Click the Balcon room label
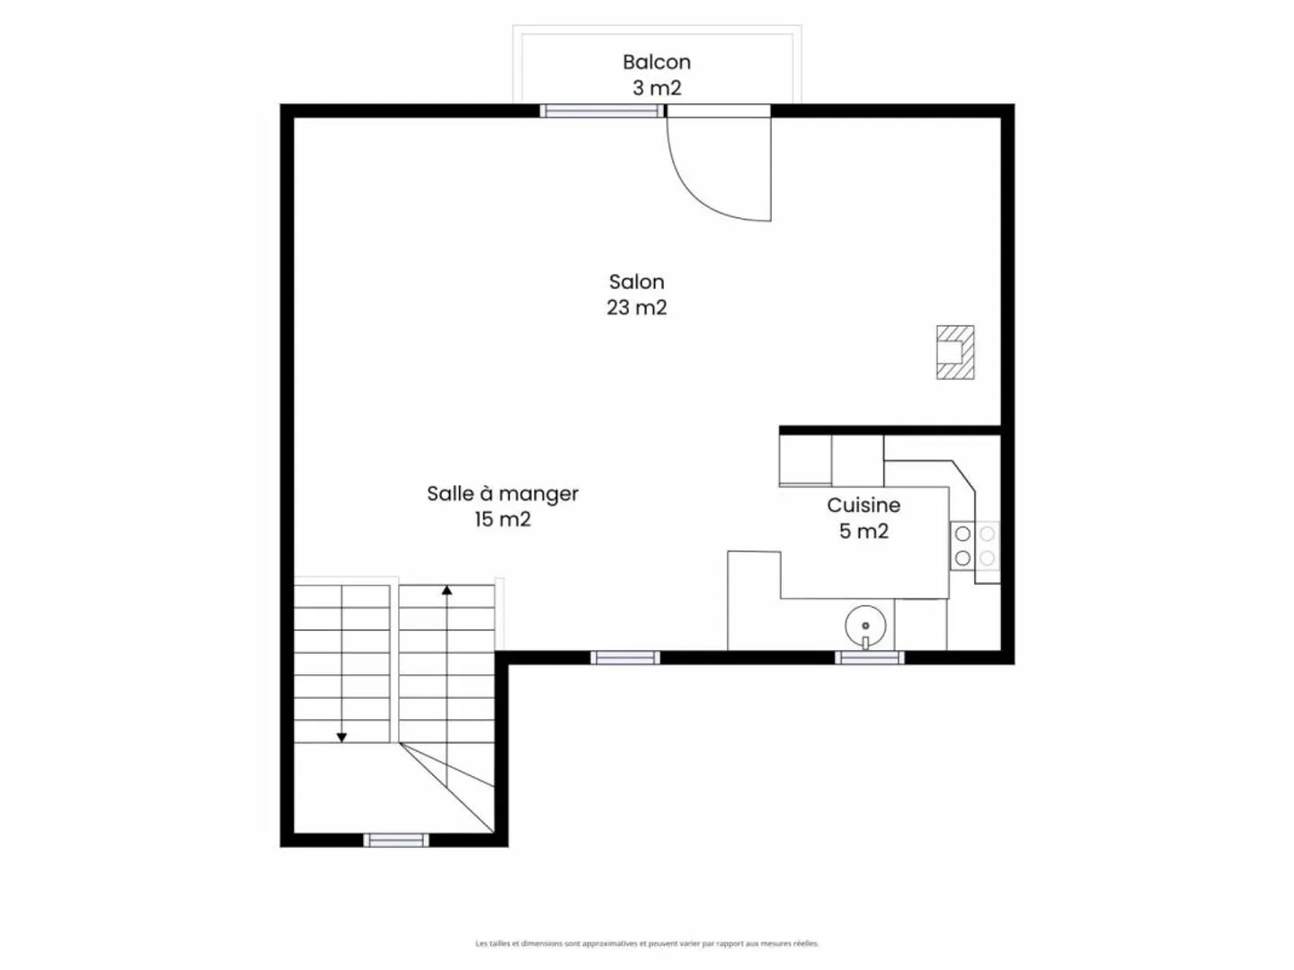(656, 62)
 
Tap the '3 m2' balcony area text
(656, 88)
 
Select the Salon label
(636, 282)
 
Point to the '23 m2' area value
(636, 307)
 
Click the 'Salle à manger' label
(502, 493)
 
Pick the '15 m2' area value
(502, 519)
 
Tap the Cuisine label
(863, 505)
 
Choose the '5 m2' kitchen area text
(863, 531)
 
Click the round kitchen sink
(865, 625)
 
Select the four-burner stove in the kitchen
(975, 546)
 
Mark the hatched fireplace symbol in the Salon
(954, 352)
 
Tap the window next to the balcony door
(601, 111)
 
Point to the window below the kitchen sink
(869, 658)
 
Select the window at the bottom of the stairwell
(396, 841)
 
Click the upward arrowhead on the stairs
(447, 590)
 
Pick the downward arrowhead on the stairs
(341, 737)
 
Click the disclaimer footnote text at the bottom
(647, 943)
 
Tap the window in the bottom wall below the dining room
(625, 658)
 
